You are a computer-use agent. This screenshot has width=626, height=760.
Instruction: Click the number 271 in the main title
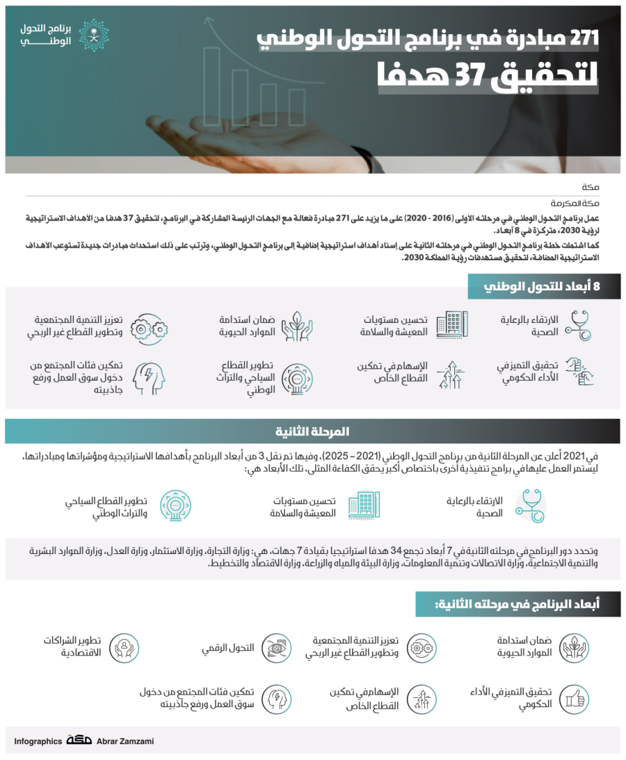583,40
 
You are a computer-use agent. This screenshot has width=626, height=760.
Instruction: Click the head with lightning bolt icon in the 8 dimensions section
149,378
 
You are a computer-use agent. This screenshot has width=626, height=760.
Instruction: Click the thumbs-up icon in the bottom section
574,698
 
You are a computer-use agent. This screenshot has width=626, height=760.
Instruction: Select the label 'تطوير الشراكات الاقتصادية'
72,647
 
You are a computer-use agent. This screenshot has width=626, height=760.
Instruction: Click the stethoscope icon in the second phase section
530,506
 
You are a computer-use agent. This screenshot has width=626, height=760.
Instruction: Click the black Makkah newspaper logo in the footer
79,741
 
